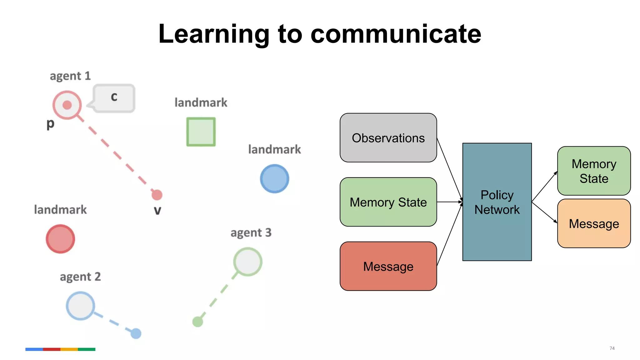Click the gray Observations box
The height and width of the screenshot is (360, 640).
pos(388,138)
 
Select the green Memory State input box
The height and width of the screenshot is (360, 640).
pos(388,202)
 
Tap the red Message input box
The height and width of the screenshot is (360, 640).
pos(388,266)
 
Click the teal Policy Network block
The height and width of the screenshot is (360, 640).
pos(497,202)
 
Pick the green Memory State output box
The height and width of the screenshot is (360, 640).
pos(594,171)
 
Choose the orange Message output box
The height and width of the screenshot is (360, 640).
pos(594,223)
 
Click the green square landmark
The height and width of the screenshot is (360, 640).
pos(201,132)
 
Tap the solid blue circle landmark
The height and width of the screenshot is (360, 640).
pos(274,179)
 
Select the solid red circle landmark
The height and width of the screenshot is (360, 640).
pos(60,239)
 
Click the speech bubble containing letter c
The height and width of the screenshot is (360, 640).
pos(114,98)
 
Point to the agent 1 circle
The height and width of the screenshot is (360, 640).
pos(67,105)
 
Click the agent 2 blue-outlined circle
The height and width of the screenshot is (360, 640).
pos(80,306)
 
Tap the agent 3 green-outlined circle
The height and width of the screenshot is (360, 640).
pos(247,262)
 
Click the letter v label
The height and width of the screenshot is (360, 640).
pos(157,210)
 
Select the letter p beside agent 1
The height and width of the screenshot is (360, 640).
pos(50,124)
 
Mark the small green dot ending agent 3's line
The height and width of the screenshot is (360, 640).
pos(197,321)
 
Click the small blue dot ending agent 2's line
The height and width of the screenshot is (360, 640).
pos(136,333)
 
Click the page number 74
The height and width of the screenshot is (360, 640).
pos(612,348)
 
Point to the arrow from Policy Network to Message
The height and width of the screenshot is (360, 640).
pos(544,212)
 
